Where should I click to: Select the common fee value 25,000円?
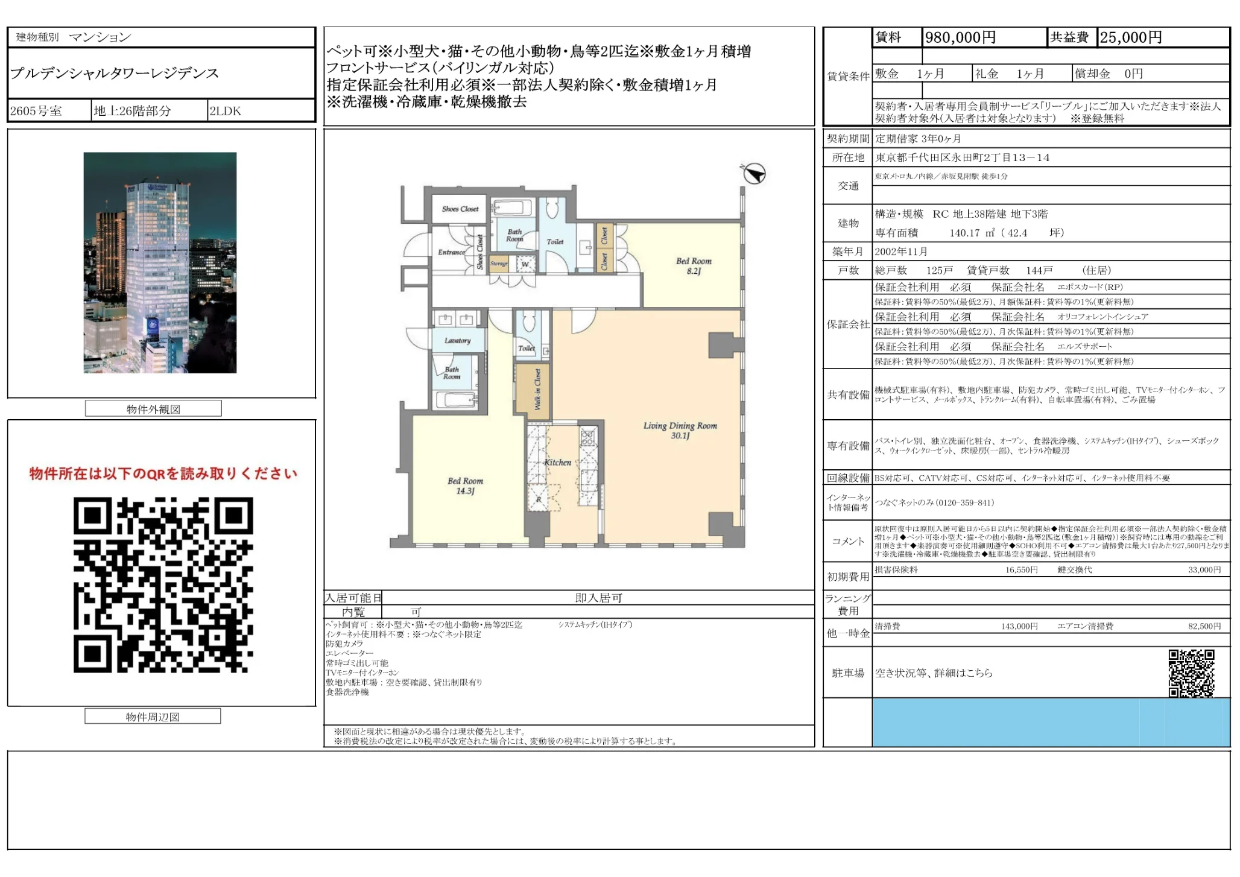[1130, 38]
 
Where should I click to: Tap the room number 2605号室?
[36, 111]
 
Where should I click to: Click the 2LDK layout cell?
[225, 111]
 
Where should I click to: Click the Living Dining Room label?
[680, 430]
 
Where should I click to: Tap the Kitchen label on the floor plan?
[557, 463]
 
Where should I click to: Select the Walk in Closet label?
[537, 390]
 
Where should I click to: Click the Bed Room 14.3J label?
[465, 486]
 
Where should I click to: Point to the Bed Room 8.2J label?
[694, 266]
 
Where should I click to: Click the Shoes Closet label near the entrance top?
[460, 209]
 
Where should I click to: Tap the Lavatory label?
[457, 341]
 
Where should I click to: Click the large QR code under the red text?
[163, 584]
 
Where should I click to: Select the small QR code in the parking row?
[1191, 673]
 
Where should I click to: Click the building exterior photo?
[160, 262]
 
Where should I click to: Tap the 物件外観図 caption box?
[153, 409]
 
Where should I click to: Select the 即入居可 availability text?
[598, 598]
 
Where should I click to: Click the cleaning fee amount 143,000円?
[1019, 627]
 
